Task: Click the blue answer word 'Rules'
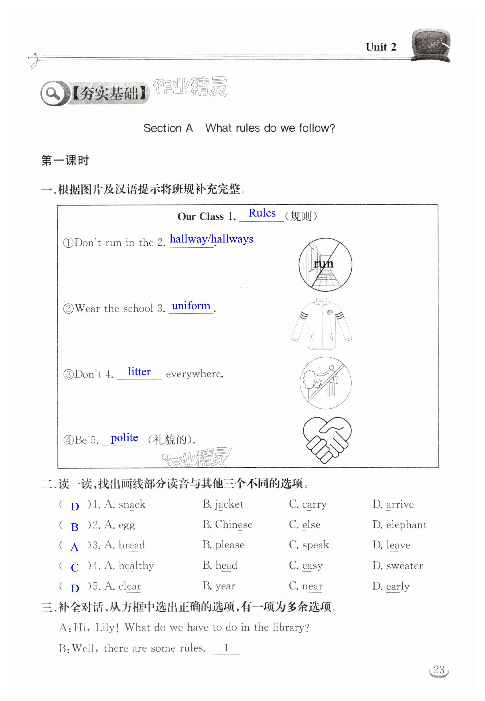click(262, 213)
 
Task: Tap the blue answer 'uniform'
click(191, 306)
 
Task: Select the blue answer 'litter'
click(139, 371)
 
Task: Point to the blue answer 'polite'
click(124, 437)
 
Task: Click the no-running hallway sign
click(325, 264)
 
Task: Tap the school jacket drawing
click(322, 324)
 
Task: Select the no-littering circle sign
click(325, 383)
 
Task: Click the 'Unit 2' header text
click(381, 47)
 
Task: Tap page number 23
click(439, 670)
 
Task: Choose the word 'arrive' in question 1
click(400, 505)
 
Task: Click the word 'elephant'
click(406, 525)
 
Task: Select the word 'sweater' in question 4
click(405, 566)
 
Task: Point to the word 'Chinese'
click(234, 525)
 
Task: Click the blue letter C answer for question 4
click(74, 567)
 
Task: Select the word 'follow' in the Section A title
click(316, 128)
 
